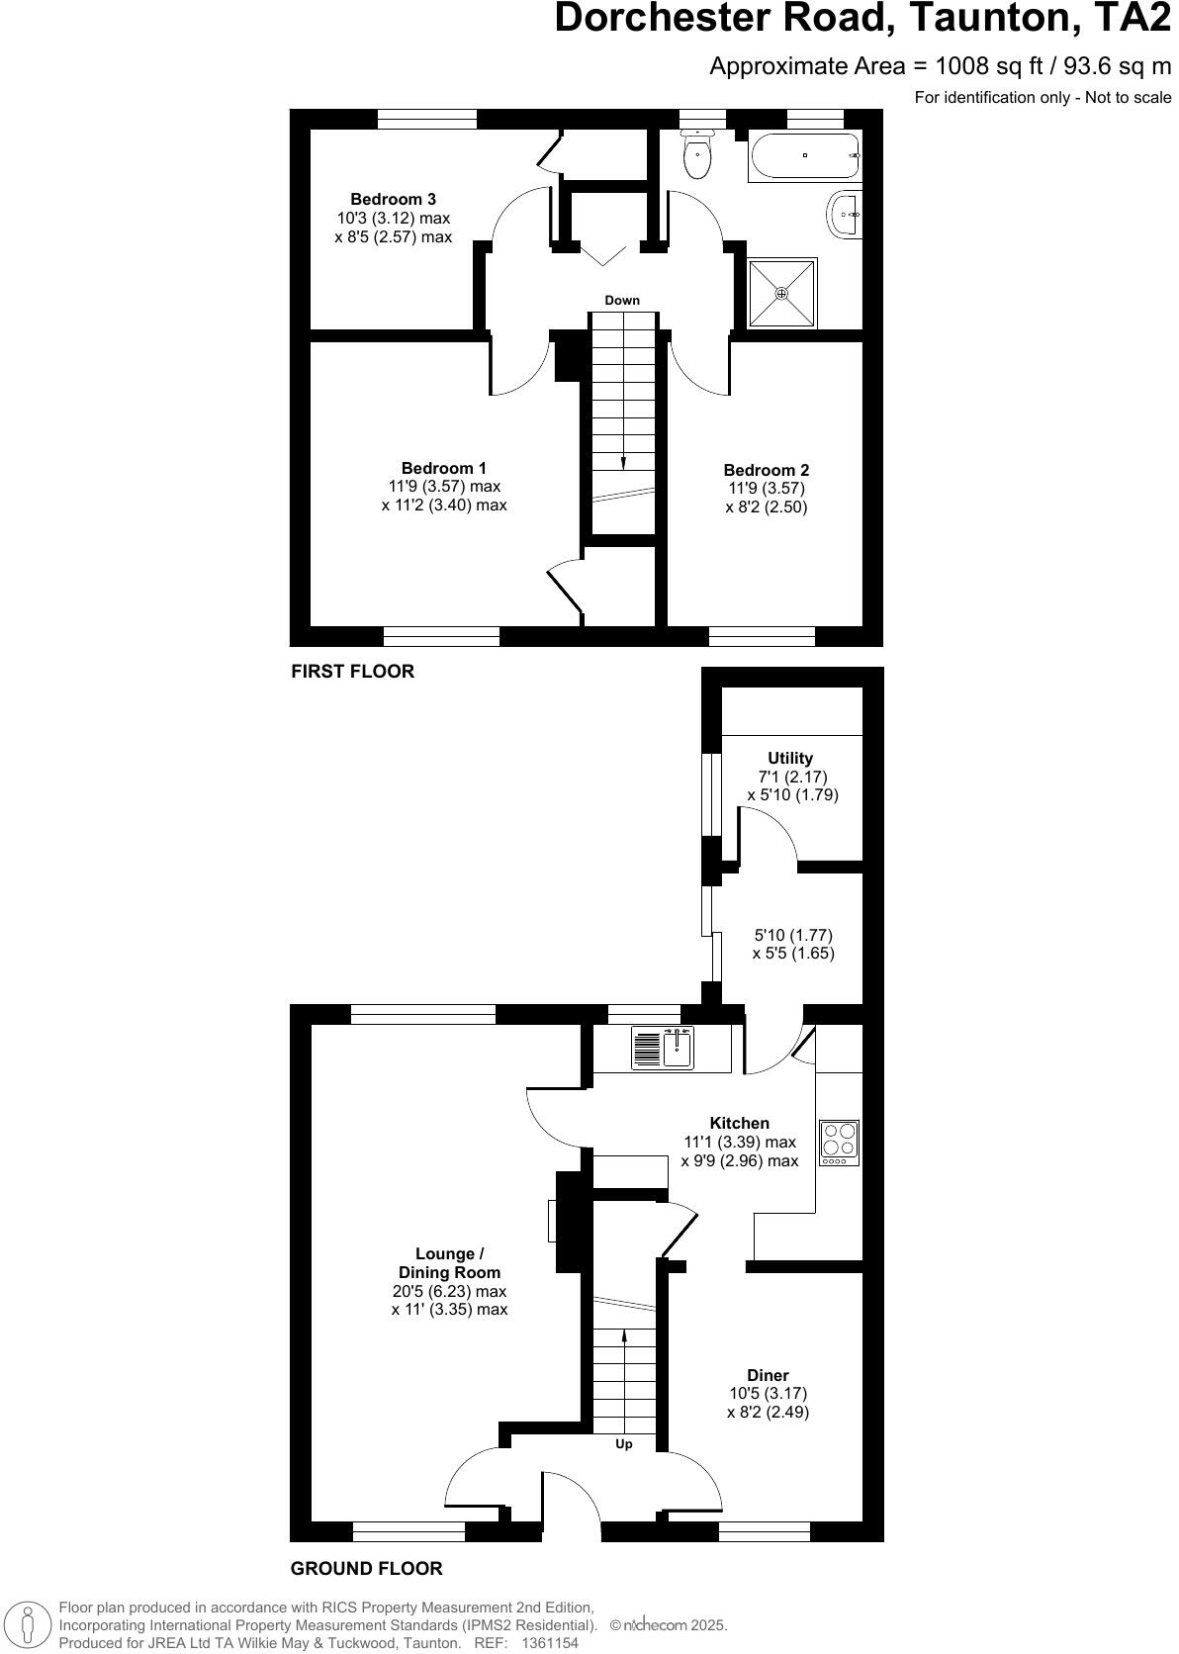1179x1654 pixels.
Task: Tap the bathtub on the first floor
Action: point(804,155)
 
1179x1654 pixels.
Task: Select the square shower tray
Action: point(781,293)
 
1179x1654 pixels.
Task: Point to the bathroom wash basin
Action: point(844,213)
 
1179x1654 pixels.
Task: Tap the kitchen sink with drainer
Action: point(664,1049)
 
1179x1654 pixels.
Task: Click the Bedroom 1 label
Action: point(444,468)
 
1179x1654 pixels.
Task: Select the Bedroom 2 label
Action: point(766,470)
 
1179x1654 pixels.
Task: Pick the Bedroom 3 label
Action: point(393,200)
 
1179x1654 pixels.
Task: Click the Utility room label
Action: point(790,759)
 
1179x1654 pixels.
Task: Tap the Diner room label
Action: point(768,1375)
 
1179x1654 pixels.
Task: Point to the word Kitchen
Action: point(739,1123)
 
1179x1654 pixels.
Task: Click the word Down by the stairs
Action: point(622,301)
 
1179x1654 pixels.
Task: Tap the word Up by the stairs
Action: point(624,1444)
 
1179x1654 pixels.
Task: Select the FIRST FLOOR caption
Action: point(352,672)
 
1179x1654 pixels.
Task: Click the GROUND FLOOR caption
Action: point(366,1568)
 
